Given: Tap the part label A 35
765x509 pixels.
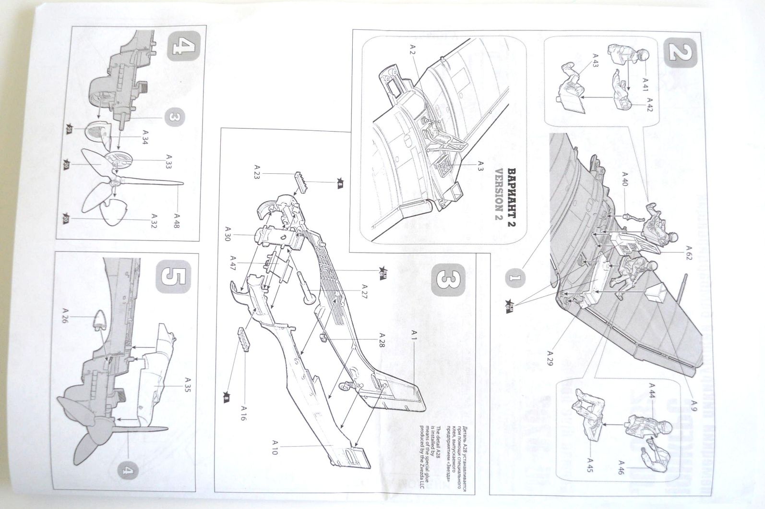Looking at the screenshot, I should [187, 385].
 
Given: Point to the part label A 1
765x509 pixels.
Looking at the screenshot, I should [415, 344].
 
